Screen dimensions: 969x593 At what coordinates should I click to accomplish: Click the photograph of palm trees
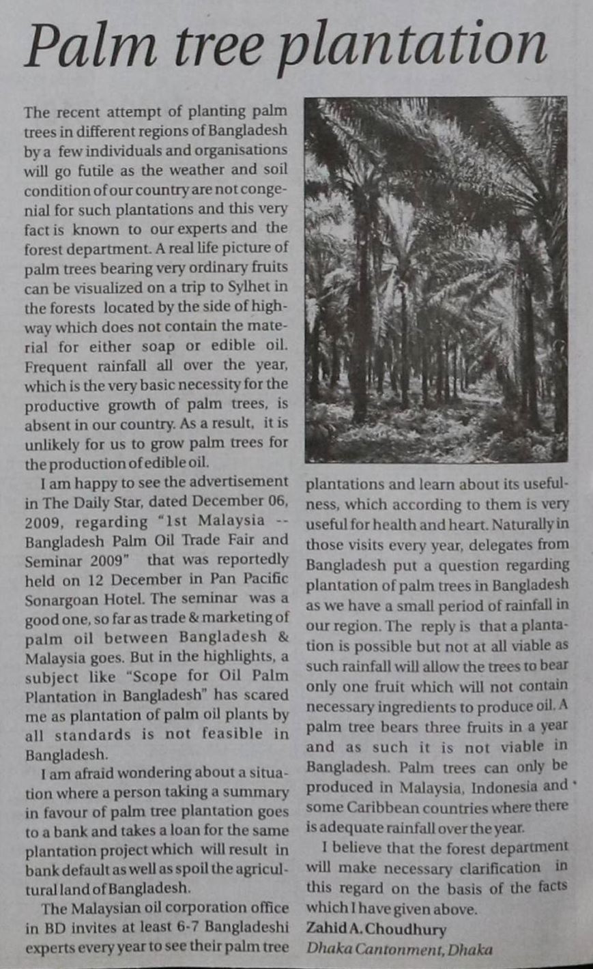(x=436, y=280)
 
